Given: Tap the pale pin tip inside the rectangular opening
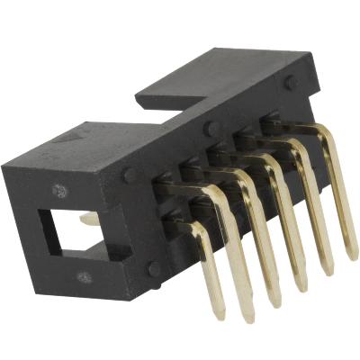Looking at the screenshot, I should [x=87, y=217].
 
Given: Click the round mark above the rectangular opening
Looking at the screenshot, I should [x=60, y=191].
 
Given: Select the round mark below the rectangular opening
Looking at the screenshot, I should [x=84, y=276].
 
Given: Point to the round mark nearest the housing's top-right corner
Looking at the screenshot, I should [x=291, y=82].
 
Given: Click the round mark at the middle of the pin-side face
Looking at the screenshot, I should [x=210, y=128].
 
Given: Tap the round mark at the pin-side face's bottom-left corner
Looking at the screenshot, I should [x=155, y=267].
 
